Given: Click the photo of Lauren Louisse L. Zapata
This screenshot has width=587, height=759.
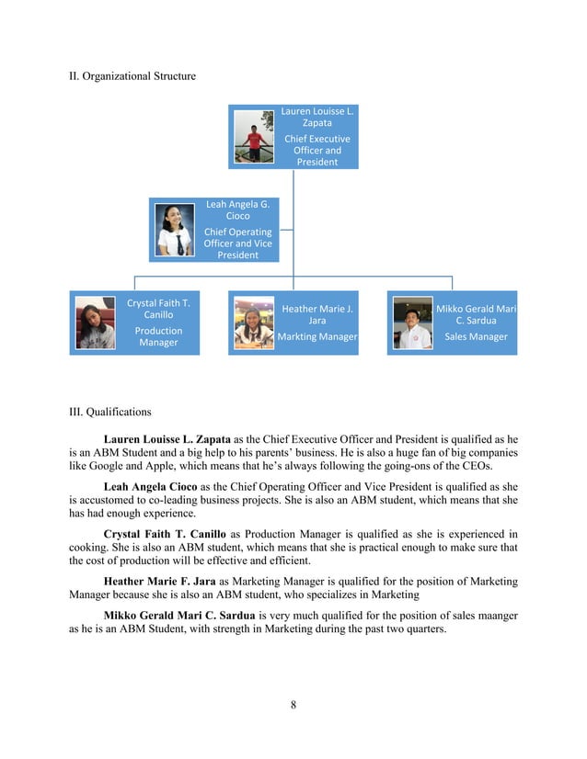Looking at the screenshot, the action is (x=254, y=138).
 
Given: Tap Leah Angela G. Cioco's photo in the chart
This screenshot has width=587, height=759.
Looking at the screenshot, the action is (x=176, y=229).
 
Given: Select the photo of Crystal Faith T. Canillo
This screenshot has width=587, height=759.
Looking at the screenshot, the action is (x=94, y=323).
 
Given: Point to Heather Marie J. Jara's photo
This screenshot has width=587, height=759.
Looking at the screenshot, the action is (x=253, y=323).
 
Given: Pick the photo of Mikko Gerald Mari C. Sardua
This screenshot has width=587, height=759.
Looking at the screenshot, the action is (x=411, y=323).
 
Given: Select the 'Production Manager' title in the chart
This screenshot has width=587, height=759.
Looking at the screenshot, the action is (x=158, y=336).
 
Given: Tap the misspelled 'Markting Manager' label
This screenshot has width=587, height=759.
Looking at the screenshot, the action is (x=317, y=337).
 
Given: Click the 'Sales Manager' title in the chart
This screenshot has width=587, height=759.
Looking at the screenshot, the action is (x=476, y=337).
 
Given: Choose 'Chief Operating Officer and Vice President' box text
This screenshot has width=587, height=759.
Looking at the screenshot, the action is (x=237, y=244).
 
